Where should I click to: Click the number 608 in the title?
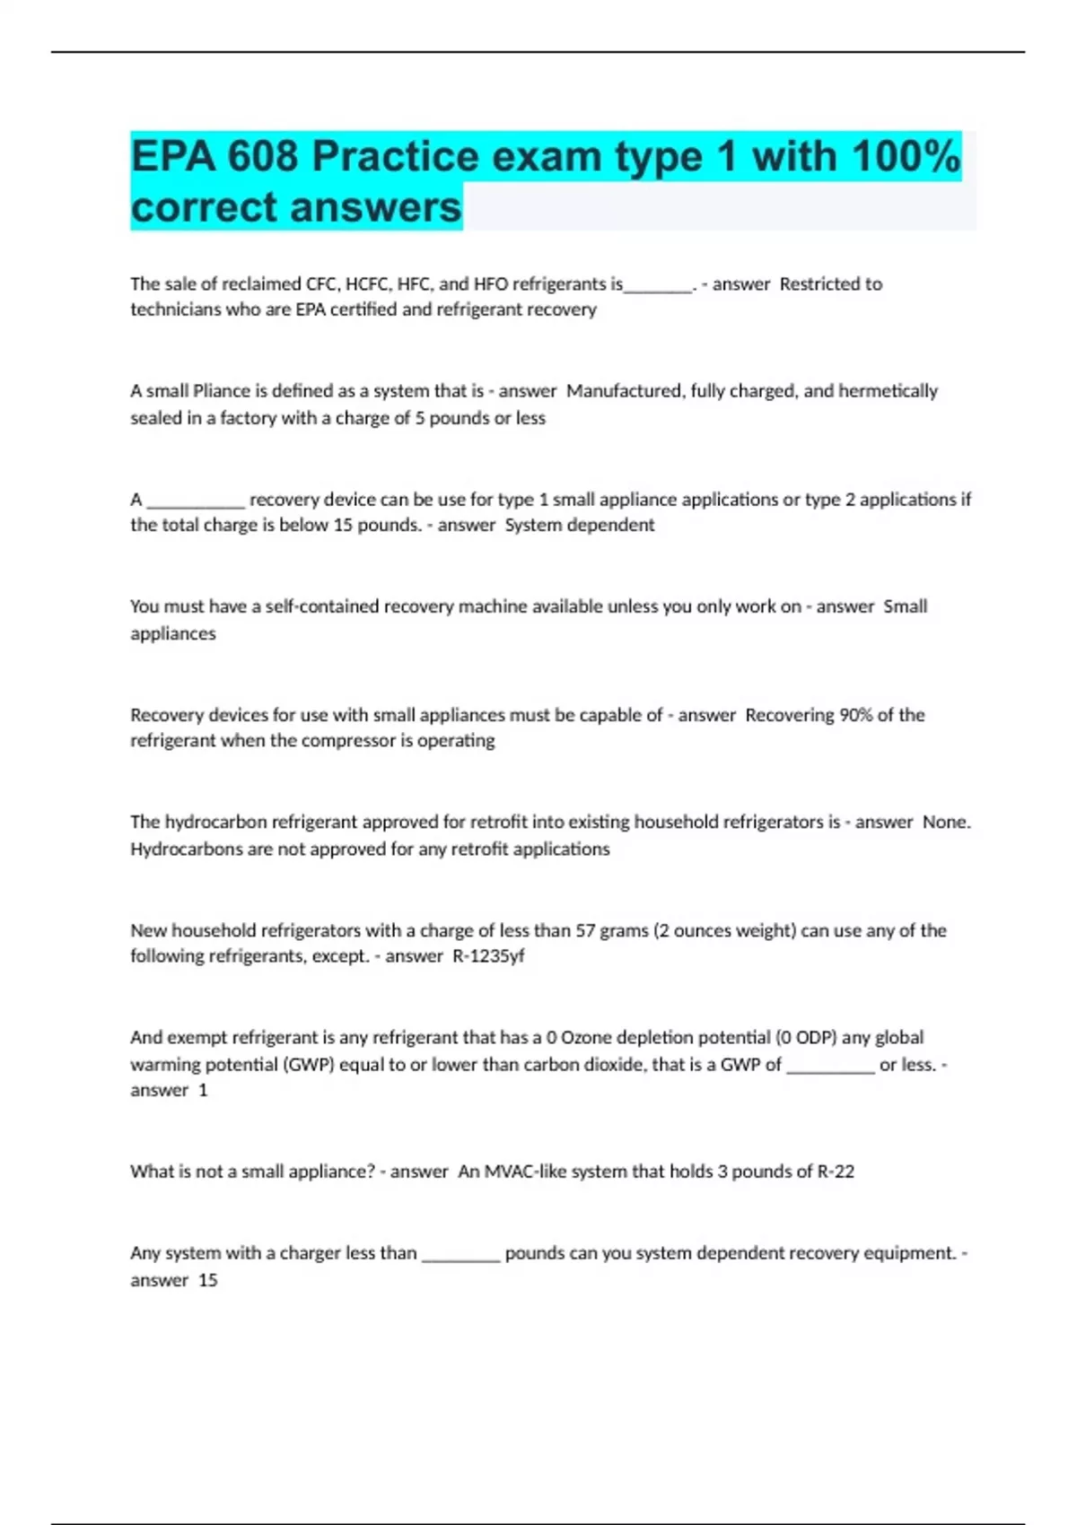262,157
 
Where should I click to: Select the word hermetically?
888,391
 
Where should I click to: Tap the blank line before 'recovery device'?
196,501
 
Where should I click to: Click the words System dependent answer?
579,526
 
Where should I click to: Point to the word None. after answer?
946,823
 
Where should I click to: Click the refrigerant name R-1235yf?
488,956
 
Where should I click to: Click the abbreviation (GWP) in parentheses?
308,1065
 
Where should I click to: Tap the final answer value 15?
207,1280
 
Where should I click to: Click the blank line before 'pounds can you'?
460,1254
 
